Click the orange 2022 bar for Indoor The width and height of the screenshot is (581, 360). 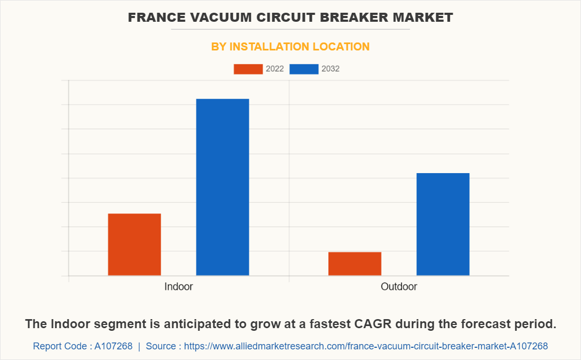pyautogui.click(x=134, y=244)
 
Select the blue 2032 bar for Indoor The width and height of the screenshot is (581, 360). pyautogui.click(x=222, y=187)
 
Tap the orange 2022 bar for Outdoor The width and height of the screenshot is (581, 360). pyautogui.click(x=354, y=263)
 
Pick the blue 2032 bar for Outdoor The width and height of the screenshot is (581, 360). pyautogui.click(x=443, y=224)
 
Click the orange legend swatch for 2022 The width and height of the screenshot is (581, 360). pyautogui.click(x=248, y=69)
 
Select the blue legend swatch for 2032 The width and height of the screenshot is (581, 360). pyautogui.click(x=304, y=69)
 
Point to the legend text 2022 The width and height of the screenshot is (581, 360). pyautogui.click(x=275, y=69)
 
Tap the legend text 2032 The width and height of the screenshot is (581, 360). pyautogui.click(x=331, y=69)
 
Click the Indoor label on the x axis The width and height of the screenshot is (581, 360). pyautogui.click(x=178, y=287)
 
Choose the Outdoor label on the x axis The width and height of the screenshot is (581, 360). pyautogui.click(x=399, y=287)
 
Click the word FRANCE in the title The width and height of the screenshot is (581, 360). pyautogui.click(x=154, y=18)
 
